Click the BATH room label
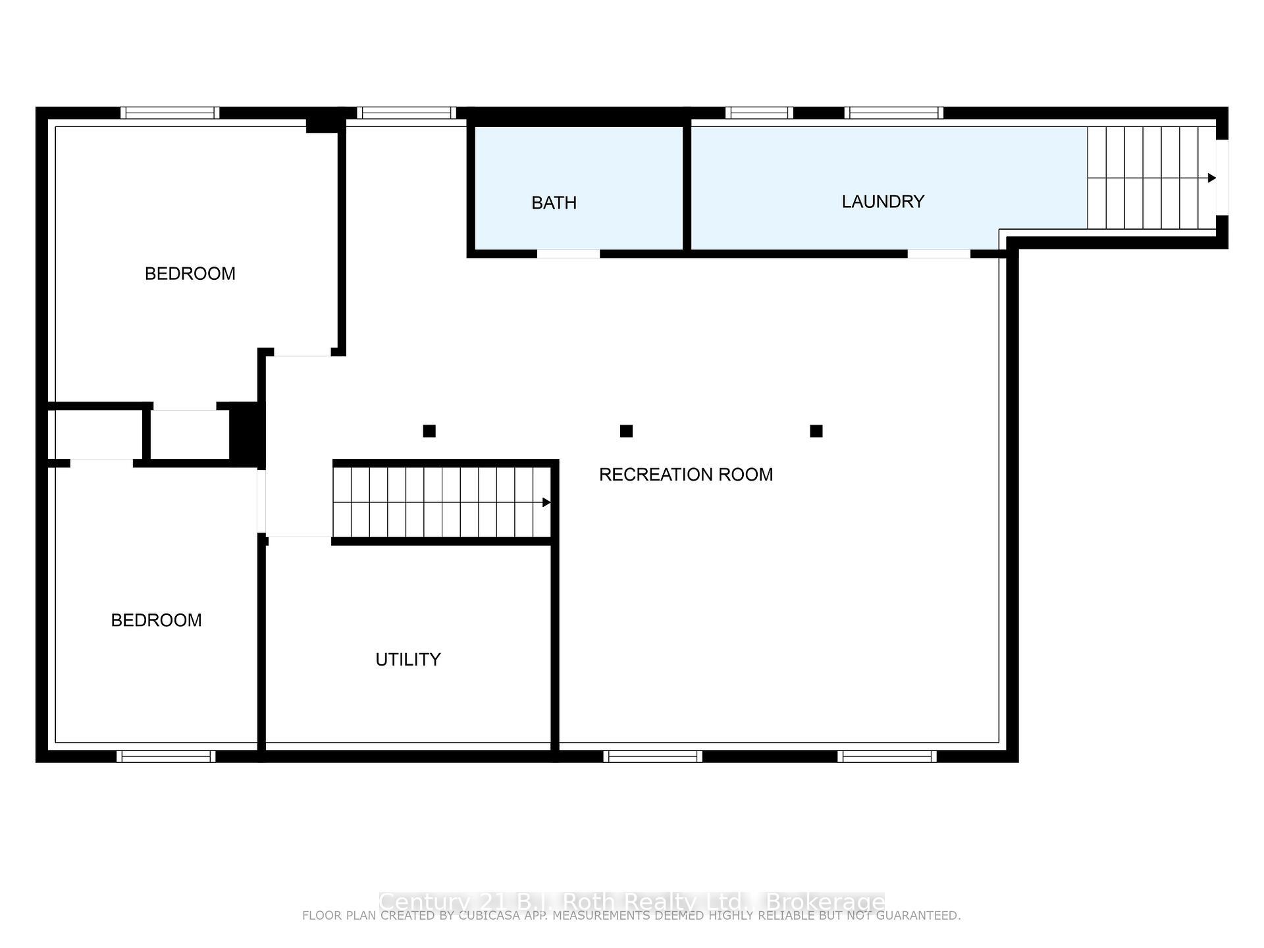click(x=554, y=203)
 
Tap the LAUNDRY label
click(x=883, y=201)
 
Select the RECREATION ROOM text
click(x=685, y=475)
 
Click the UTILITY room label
click(x=408, y=660)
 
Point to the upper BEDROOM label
click(x=190, y=274)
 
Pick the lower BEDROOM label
click(x=156, y=620)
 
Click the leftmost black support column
click(x=429, y=431)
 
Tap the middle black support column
click(x=626, y=431)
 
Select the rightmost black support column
click(x=816, y=431)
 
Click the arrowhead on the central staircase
click(x=546, y=502)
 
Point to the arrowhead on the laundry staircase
click(x=1211, y=178)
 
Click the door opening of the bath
click(x=568, y=253)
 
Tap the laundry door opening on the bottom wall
click(x=939, y=253)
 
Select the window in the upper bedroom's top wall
click(x=170, y=113)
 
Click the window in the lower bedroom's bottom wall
click(x=166, y=756)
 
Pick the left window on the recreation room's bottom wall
click(x=652, y=756)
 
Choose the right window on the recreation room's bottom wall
click(x=887, y=756)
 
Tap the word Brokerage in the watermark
click(x=826, y=901)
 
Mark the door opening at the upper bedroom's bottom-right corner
click(x=302, y=353)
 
